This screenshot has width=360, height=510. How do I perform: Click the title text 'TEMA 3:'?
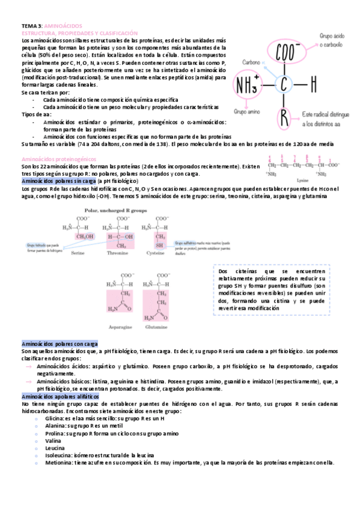32,26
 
